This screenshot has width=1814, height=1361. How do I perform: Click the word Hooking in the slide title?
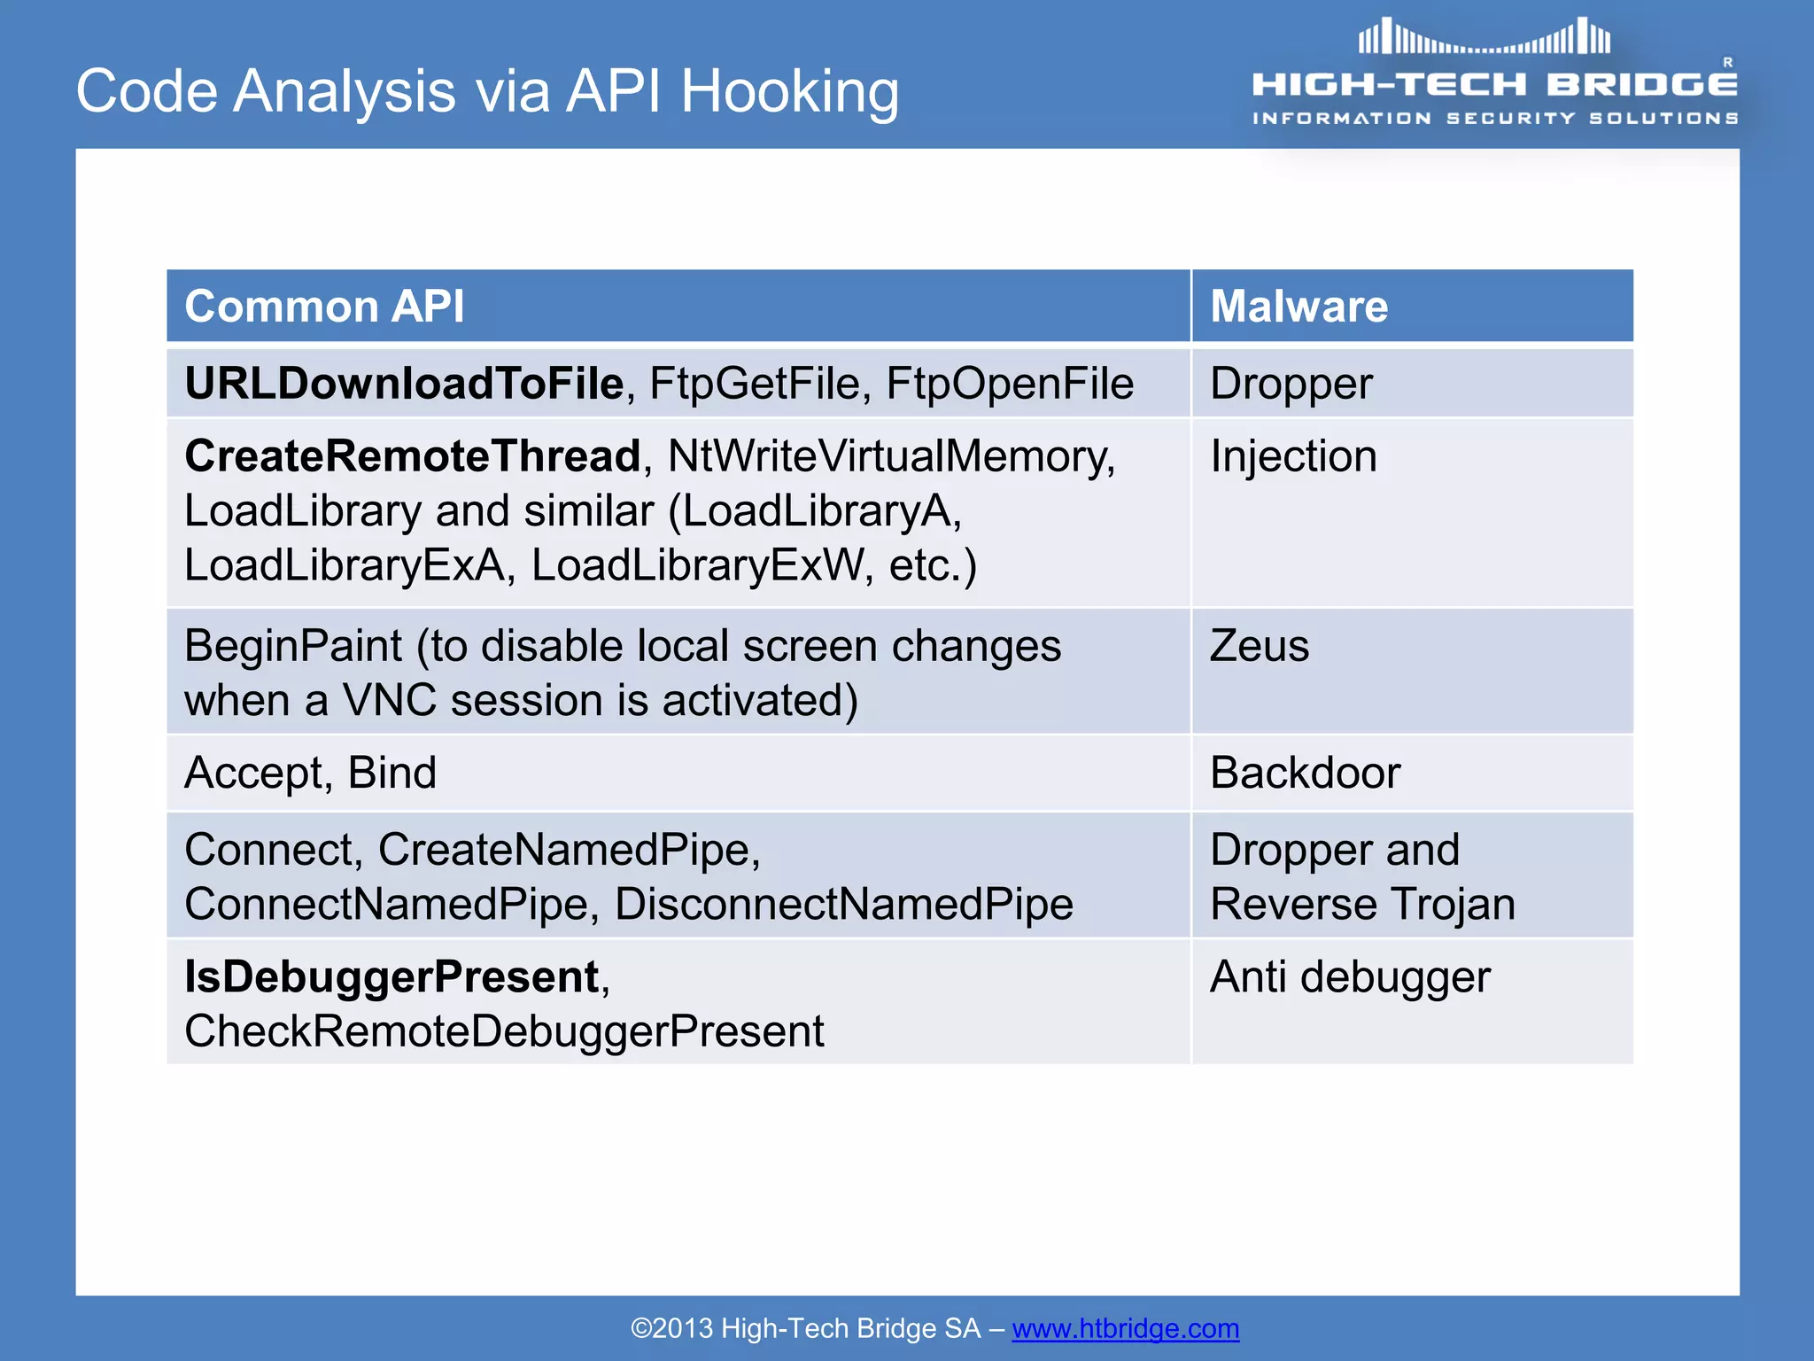[x=788, y=93]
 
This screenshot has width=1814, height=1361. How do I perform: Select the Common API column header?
[x=324, y=307]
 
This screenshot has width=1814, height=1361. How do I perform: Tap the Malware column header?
[x=1298, y=307]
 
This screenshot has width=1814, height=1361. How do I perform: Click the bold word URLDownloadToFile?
[x=404, y=384]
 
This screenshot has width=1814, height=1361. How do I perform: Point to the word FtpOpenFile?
[x=1009, y=384]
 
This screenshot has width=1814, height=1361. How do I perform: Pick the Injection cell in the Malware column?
[x=1293, y=456]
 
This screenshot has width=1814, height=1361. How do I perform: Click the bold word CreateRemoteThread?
[x=412, y=456]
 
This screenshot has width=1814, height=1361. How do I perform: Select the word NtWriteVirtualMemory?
[x=889, y=456]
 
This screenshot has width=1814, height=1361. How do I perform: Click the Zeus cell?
[x=1259, y=645]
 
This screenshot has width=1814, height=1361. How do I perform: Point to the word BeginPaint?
[x=293, y=645]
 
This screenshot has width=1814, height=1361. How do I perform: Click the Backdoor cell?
[x=1305, y=773]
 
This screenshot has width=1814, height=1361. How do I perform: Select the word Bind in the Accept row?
[x=391, y=773]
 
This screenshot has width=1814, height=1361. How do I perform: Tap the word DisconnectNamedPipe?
[x=843, y=905]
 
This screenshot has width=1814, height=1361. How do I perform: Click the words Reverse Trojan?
[x=1362, y=905]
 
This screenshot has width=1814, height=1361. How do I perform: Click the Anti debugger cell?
[x=1350, y=977]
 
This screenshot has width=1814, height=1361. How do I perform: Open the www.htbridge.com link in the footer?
[x=1125, y=1328]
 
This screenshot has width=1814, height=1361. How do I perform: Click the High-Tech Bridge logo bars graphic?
[x=1485, y=37]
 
